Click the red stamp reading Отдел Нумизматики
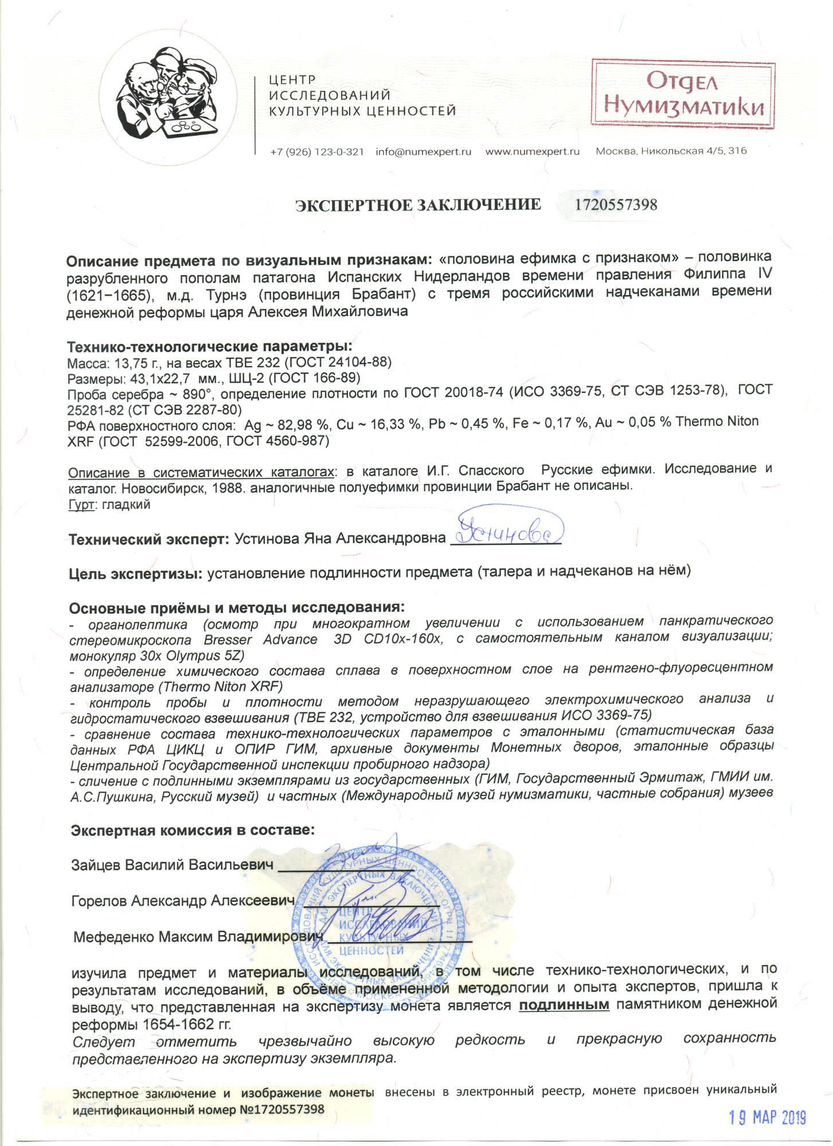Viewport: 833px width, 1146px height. click(683, 93)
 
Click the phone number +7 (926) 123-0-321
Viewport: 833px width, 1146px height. click(316, 152)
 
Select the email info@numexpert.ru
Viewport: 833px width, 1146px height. click(423, 152)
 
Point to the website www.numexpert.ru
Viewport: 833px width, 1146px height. click(532, 152)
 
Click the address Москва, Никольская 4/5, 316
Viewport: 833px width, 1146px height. click(671, 151)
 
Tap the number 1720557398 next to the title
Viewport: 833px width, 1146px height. click(616, 205)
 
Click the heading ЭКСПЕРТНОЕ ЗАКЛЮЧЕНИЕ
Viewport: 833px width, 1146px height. click(418, 205)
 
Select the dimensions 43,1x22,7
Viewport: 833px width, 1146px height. click(156, 378)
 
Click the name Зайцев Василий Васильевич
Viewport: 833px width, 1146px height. click(172, 865)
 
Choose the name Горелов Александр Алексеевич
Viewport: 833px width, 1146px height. click(182, 901)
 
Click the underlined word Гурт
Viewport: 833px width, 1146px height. click(80, 505)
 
